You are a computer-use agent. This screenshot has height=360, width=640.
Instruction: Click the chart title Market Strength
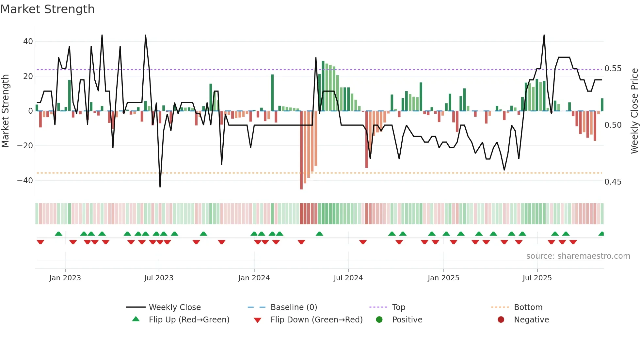point(47,9)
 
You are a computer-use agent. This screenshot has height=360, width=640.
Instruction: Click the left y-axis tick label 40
point(28,41)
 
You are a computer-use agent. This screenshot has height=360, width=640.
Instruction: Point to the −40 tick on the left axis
point(25,181)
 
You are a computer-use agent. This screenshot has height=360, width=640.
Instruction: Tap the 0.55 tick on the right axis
point(613,69)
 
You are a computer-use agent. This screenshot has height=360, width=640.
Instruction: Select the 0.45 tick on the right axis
point(613,182)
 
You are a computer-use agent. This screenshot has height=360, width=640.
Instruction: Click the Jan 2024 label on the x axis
point(254,278)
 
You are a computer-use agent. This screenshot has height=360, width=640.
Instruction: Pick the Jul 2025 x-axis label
point(537,278)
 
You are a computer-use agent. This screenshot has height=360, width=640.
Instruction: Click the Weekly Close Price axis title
point(634,111)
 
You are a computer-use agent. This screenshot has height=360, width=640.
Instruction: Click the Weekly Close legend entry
point(175,307)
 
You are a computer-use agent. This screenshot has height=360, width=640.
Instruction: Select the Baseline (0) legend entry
point(294,307)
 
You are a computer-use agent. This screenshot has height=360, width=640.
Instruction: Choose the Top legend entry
point(398,307)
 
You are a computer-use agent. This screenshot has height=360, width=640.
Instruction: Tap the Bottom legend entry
point(528,307)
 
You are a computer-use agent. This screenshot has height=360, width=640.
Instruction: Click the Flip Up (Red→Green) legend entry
point(189,320)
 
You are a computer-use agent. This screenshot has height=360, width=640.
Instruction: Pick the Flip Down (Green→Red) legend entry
point(316,320)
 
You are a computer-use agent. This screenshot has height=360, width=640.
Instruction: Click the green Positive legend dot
point(379,320)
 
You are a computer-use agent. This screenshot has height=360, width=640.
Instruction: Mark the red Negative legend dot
point(501,320)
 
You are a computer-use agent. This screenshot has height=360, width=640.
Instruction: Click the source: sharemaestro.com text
point(578,256)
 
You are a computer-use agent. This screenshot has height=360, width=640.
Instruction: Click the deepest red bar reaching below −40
point(301,150)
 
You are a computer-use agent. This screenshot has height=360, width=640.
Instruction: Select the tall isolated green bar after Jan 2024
point(272,93)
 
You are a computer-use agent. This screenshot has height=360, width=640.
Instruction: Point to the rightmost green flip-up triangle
point(601,234)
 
